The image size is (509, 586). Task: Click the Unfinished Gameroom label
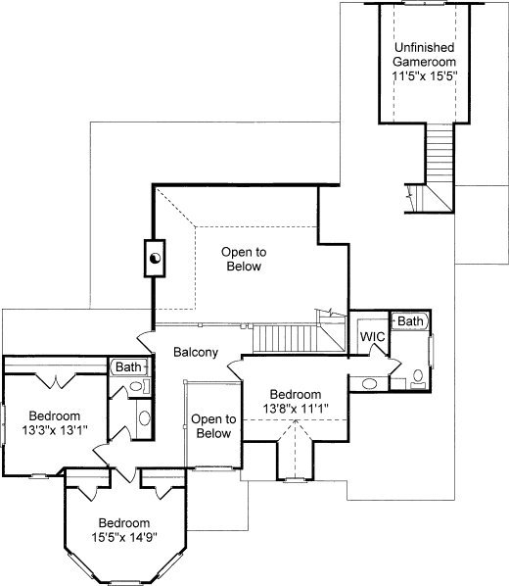point(425,54)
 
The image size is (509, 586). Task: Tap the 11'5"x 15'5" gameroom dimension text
point(425,75)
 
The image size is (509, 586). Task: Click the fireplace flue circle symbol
point(155,258)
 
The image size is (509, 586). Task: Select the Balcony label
point(196,352)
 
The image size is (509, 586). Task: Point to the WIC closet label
point(372,337)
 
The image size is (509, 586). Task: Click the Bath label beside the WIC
point(410,320)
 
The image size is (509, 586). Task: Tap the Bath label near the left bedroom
point(128,366)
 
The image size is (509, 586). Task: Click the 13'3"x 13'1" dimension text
point(55,430)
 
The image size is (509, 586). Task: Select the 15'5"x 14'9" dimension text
point(124,537)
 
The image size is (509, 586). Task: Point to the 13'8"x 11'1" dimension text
point(296,409)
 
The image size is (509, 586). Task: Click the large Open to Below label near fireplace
point(244,259)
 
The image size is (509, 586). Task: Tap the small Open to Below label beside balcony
point(213,426)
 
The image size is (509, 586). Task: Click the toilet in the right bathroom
point(418,378)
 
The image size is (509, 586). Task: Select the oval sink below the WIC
point(369,384)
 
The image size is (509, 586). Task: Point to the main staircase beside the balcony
point(286,338)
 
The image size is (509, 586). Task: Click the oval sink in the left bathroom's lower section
point(144,417)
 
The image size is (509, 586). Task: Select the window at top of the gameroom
point(424,3)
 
